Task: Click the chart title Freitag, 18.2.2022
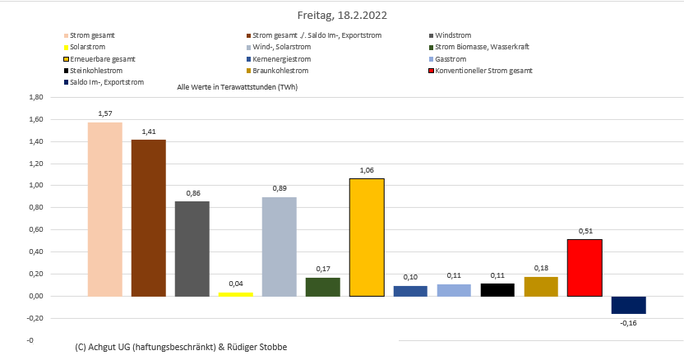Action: click(x=341, y=15)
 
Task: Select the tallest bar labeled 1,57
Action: click(x=104, y=209)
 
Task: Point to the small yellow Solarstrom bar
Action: click(x=235, y=293)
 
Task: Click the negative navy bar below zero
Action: click(x=628, y=305)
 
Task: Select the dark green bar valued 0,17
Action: click(x=322, y=287)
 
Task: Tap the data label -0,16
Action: click(x=628, y=322)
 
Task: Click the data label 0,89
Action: click(x=279, y=189)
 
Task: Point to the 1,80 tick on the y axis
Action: click(x=35, y=97)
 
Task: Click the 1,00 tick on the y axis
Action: click(x=35, y=186)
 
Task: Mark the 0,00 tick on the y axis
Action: click(x=35, y=297)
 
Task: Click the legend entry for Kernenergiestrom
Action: click(x=282, y=59)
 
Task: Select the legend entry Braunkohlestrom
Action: click(x=283, y=71)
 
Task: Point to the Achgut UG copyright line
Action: click(x=181, y=348)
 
